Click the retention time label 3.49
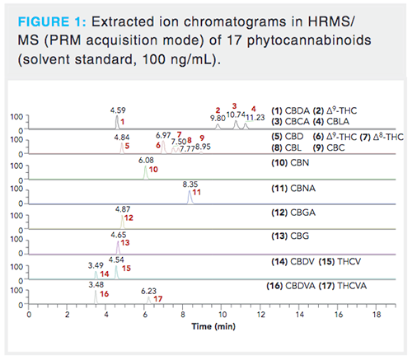(96, 264)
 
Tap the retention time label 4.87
(123, 210)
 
